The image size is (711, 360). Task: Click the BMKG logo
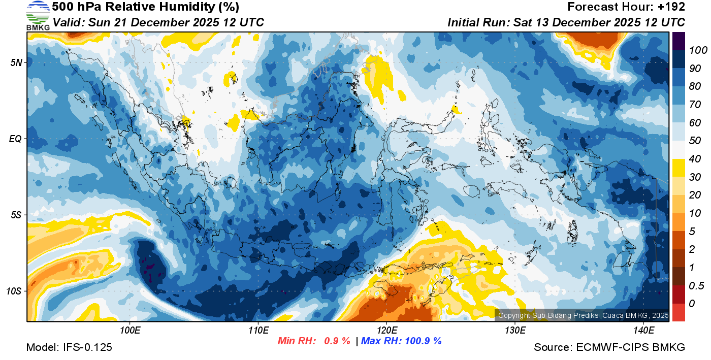[38, 15]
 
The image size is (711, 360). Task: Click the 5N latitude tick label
[16, 62]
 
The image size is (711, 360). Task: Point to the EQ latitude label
[15, 139]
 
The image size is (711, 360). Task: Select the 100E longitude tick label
[130, 331]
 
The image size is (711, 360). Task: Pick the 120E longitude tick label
[386, 331]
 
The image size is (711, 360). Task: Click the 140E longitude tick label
[643, 331]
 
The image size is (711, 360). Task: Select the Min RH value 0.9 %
[337, 341]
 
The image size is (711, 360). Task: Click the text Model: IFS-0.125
[69, 347]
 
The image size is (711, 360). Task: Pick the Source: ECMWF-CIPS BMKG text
[609, 347]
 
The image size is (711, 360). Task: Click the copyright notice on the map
[583, 315]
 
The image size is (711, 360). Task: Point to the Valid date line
[158, 22]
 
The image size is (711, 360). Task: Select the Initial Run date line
[566, 22]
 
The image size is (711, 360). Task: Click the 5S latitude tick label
[16, 215]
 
